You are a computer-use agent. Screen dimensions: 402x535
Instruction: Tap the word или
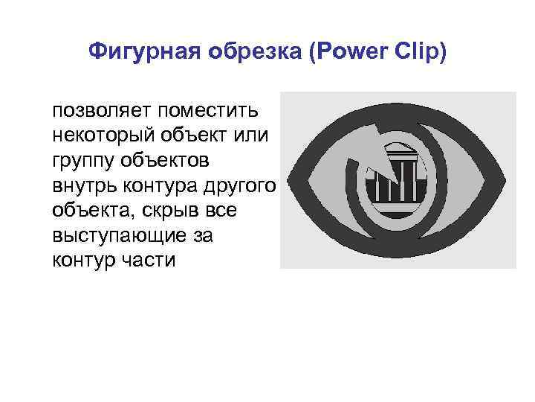[254, 136]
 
